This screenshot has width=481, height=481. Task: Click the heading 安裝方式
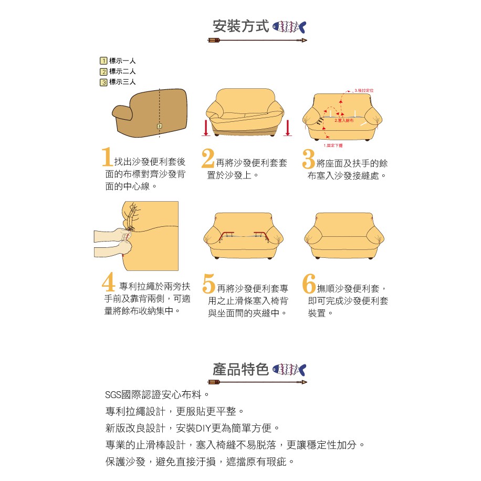[x=240, y=26]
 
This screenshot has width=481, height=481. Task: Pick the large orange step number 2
[x=208, y=158]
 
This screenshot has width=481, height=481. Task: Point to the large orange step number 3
[x=309, y=158]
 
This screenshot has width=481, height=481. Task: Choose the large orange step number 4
[x=109, y=283]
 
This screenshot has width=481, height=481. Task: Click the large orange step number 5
[x=209, y=284]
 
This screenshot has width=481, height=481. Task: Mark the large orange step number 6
[x=309, y=283]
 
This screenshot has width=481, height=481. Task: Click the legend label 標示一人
[x=122, y=61]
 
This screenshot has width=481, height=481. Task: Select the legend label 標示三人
[x=122, y=82]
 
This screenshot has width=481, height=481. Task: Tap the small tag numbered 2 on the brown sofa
[x=159, y=126]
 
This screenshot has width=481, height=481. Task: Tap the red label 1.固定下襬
[x=333, y=145]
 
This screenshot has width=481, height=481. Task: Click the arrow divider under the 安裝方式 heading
[x=257, y=40]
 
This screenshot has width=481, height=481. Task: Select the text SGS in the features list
[x=113, y=394]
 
